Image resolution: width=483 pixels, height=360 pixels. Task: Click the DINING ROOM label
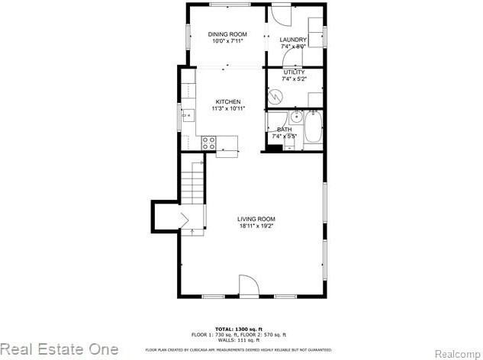click(227, 34)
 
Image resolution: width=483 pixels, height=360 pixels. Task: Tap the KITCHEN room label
click(227, 101)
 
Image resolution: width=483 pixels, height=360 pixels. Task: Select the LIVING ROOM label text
click(255, 220)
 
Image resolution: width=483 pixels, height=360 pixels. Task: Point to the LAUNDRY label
click(293, 40)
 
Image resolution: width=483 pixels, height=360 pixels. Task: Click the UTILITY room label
click(293, 72)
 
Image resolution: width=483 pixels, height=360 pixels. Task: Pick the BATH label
click(285, 129)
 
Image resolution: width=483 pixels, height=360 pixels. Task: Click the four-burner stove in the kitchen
click(209, 143)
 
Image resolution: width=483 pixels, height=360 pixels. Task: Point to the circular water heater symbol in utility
click(275, 96)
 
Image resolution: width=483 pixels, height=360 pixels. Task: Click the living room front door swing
click(249, 285)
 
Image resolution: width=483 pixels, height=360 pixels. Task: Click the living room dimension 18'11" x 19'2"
click(255, 227)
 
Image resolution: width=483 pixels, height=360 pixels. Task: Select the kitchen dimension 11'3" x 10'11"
click(227, 108)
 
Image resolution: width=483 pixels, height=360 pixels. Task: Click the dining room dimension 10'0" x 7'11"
click(227, 40)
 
